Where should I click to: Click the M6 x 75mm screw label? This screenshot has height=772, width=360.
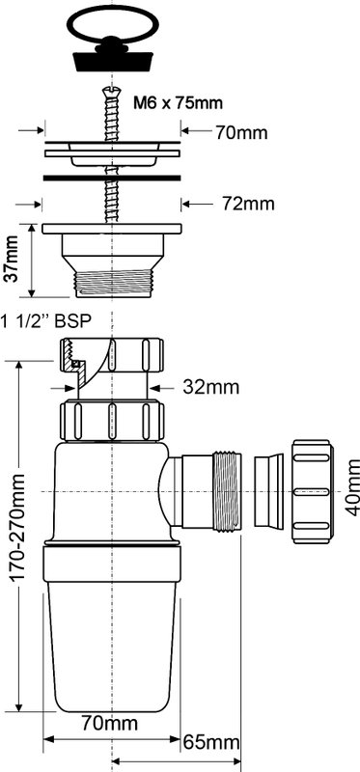[x=179, y=103]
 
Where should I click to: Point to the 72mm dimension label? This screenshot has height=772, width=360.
[x=248, y=204]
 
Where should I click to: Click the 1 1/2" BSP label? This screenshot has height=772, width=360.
[x=46, y=322]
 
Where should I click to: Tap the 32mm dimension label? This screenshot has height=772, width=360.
[x=210, y=387]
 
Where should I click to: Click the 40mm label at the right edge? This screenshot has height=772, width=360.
[x=351, y=487]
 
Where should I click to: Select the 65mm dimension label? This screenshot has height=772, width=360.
[x=211, y=742]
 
